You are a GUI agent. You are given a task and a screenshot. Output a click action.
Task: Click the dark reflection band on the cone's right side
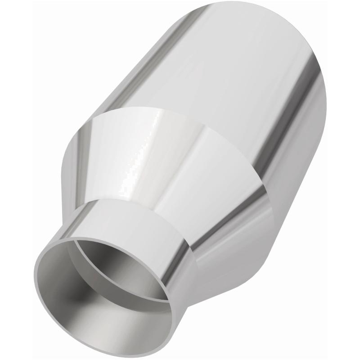point(225,211)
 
